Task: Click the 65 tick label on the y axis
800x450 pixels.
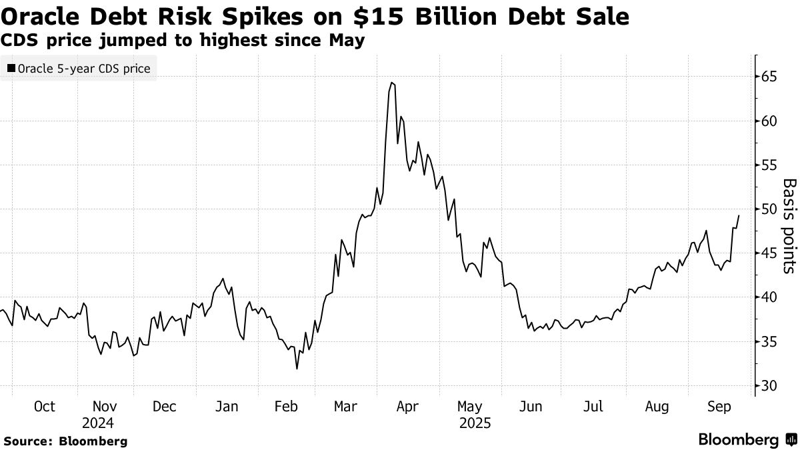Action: (770, 77)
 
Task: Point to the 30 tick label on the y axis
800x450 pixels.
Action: (770, 386)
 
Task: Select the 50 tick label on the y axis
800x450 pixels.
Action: (770, 209)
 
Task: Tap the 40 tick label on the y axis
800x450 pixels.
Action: (770, 297)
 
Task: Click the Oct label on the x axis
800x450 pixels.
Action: (44, 407)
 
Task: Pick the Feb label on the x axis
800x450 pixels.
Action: (286, 407)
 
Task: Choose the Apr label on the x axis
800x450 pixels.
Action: (408, 407)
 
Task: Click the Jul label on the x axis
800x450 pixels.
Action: (593, 407)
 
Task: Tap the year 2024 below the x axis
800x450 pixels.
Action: (99, 423)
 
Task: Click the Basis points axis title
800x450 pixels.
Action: (789, 226)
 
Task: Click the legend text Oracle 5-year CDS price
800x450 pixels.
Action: (84, 68)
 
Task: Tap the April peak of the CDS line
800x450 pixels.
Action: (392, 83)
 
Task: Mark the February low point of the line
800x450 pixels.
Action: (297, 369)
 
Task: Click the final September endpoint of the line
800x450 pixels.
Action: (739, 215)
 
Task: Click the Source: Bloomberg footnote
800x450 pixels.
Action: (65, 441)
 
